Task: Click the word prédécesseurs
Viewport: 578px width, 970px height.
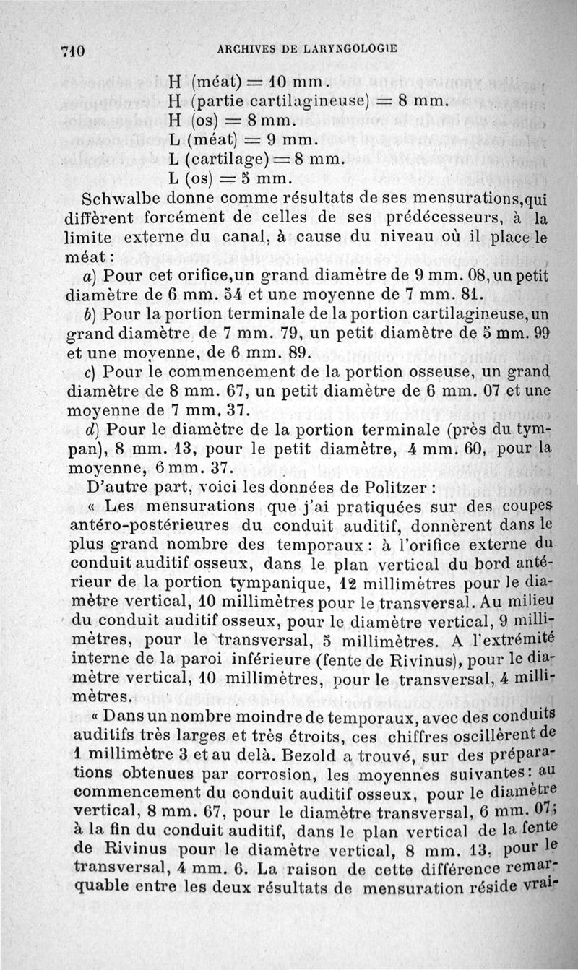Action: point(383,217)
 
